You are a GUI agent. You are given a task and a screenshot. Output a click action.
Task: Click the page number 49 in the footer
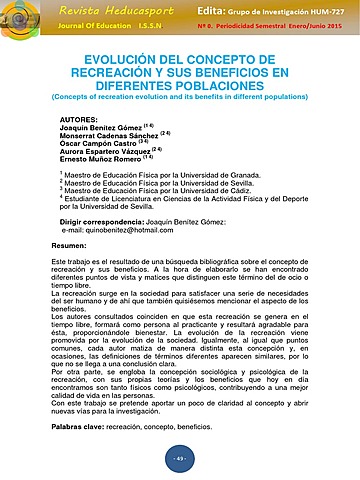[180, 457]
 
